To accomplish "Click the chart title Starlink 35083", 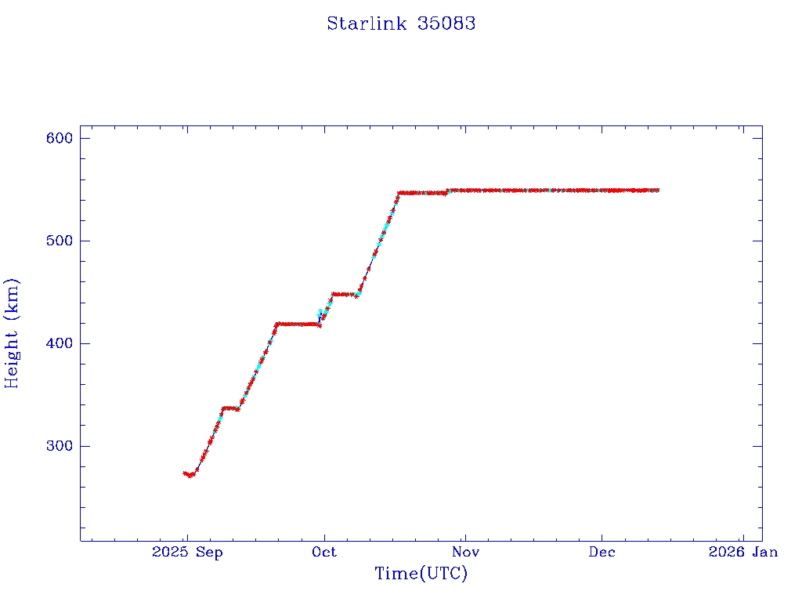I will click(401, 24).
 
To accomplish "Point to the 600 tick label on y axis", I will click(60, 138).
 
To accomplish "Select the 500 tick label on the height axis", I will click(60, 241).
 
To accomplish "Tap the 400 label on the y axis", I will click(60, 343).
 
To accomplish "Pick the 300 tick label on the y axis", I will click(60, 446).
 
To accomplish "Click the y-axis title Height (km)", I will click(12, 333).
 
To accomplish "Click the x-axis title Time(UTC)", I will click(421, 574).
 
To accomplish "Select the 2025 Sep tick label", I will click(188, 552).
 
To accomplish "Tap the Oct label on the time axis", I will click(323, 552).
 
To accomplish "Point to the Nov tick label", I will click(464, 552).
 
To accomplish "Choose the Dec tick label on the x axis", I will click(601, 552).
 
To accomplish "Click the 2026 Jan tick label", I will click(742, 552).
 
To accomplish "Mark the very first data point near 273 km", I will click(185, 473).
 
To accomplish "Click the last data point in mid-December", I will click(658, 190).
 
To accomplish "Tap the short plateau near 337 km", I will click(230, 408).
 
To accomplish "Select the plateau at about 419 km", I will click(296, 324).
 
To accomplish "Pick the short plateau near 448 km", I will click(343, 294).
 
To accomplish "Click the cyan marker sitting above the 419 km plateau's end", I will click(320, 315).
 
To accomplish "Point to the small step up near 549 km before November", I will click(447, 190).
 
